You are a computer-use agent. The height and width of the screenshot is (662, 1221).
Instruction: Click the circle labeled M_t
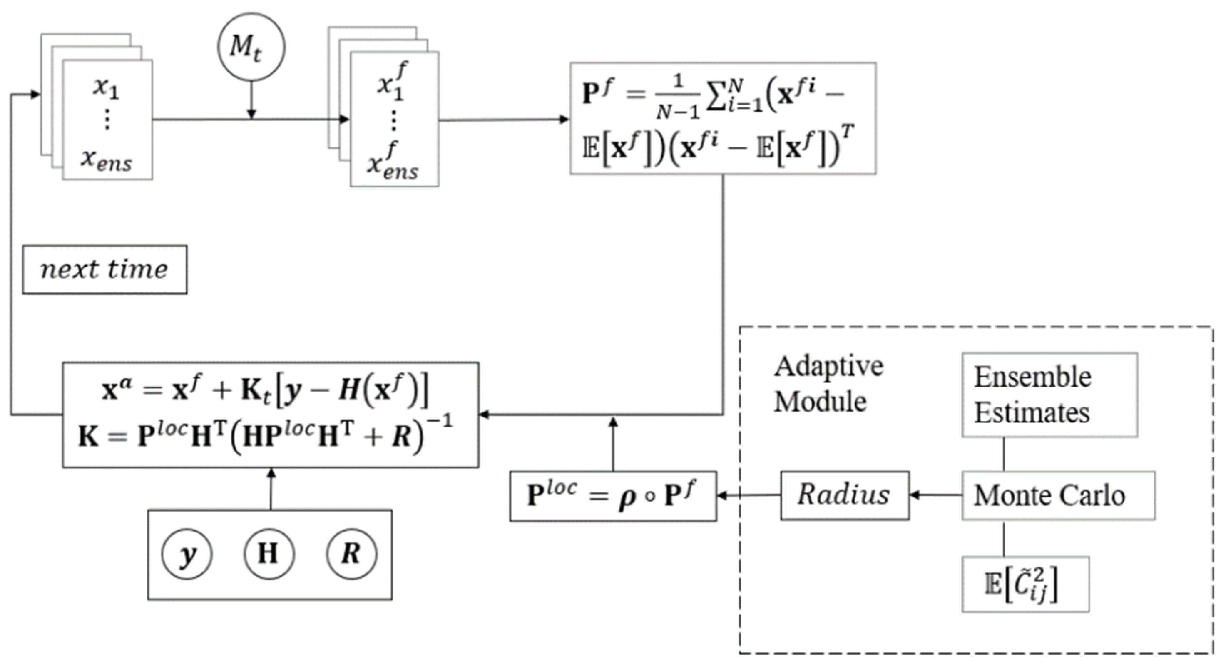click(x=251, y=47)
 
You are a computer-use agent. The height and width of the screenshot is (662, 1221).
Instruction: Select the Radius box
click(x=845, y=495)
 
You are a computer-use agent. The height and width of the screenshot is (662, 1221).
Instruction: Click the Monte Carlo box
click(x=1058, y=495)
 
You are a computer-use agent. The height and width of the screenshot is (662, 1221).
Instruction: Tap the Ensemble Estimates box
click(x=1049, y=395)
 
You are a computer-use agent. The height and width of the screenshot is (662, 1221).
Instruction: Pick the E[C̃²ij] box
click(x=1025, y=584)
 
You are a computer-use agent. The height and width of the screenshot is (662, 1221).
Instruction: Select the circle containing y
click(x=187, y=554)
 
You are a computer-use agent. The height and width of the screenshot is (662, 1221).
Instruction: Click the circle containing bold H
click(x=269, y=554)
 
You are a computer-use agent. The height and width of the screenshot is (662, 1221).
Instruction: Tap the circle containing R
click(x=351, y=554)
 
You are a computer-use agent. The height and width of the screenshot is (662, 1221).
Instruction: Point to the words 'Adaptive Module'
click(x=828, y=384)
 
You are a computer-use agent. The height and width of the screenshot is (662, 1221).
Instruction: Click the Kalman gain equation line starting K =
click(x=266, y=436)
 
